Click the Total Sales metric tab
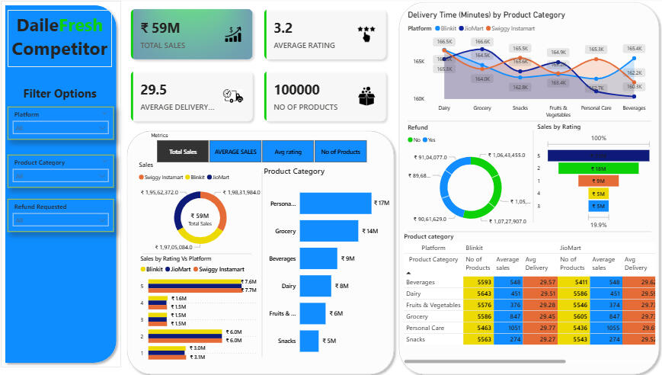[183, 152]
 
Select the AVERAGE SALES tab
[235, 152]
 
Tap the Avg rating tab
[288, 152]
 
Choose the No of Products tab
[341, 152]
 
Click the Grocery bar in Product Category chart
[328, 231]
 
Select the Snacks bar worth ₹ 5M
[309, 341]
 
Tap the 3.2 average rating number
[283, 28]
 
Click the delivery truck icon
[232, 95]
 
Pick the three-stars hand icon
[366, 33]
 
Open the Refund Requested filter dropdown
[61, 220]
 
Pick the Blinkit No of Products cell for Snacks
[478, 339]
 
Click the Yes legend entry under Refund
[432, 139]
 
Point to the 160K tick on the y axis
[419, 98]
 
